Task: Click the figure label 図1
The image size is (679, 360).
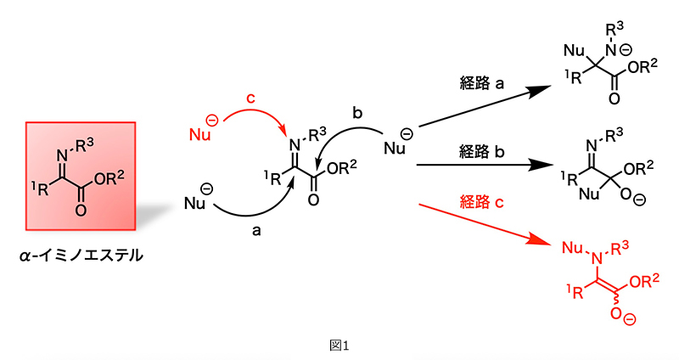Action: pos(339,346)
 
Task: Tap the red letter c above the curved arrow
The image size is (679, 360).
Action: pos(250,98)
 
